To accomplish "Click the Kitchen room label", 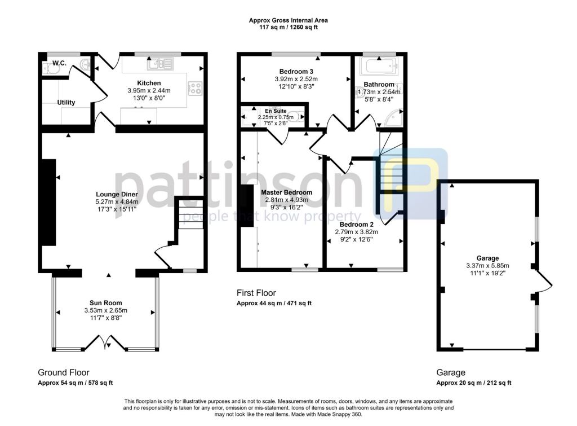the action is [149, 83].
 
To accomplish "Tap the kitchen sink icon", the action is [160, 64].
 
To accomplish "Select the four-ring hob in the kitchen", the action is [194, 88].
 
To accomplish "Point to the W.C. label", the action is [59, 63].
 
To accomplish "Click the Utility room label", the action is [66, 102].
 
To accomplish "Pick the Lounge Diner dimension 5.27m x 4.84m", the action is [117, 201].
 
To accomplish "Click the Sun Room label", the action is [105, 303].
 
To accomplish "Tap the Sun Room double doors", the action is [106, 342].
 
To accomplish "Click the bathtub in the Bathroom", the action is [379, 66].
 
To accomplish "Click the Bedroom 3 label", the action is [296, 72].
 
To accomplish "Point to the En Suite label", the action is [276, 111].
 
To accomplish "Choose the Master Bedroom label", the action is [287, 192].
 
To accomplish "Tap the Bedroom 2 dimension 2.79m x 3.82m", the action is [356, 232].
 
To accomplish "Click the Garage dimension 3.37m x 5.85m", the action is [487, 266].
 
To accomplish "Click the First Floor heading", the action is [256, 293].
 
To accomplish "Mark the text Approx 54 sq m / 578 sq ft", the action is [75, 383].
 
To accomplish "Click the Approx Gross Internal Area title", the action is [288, 20].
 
